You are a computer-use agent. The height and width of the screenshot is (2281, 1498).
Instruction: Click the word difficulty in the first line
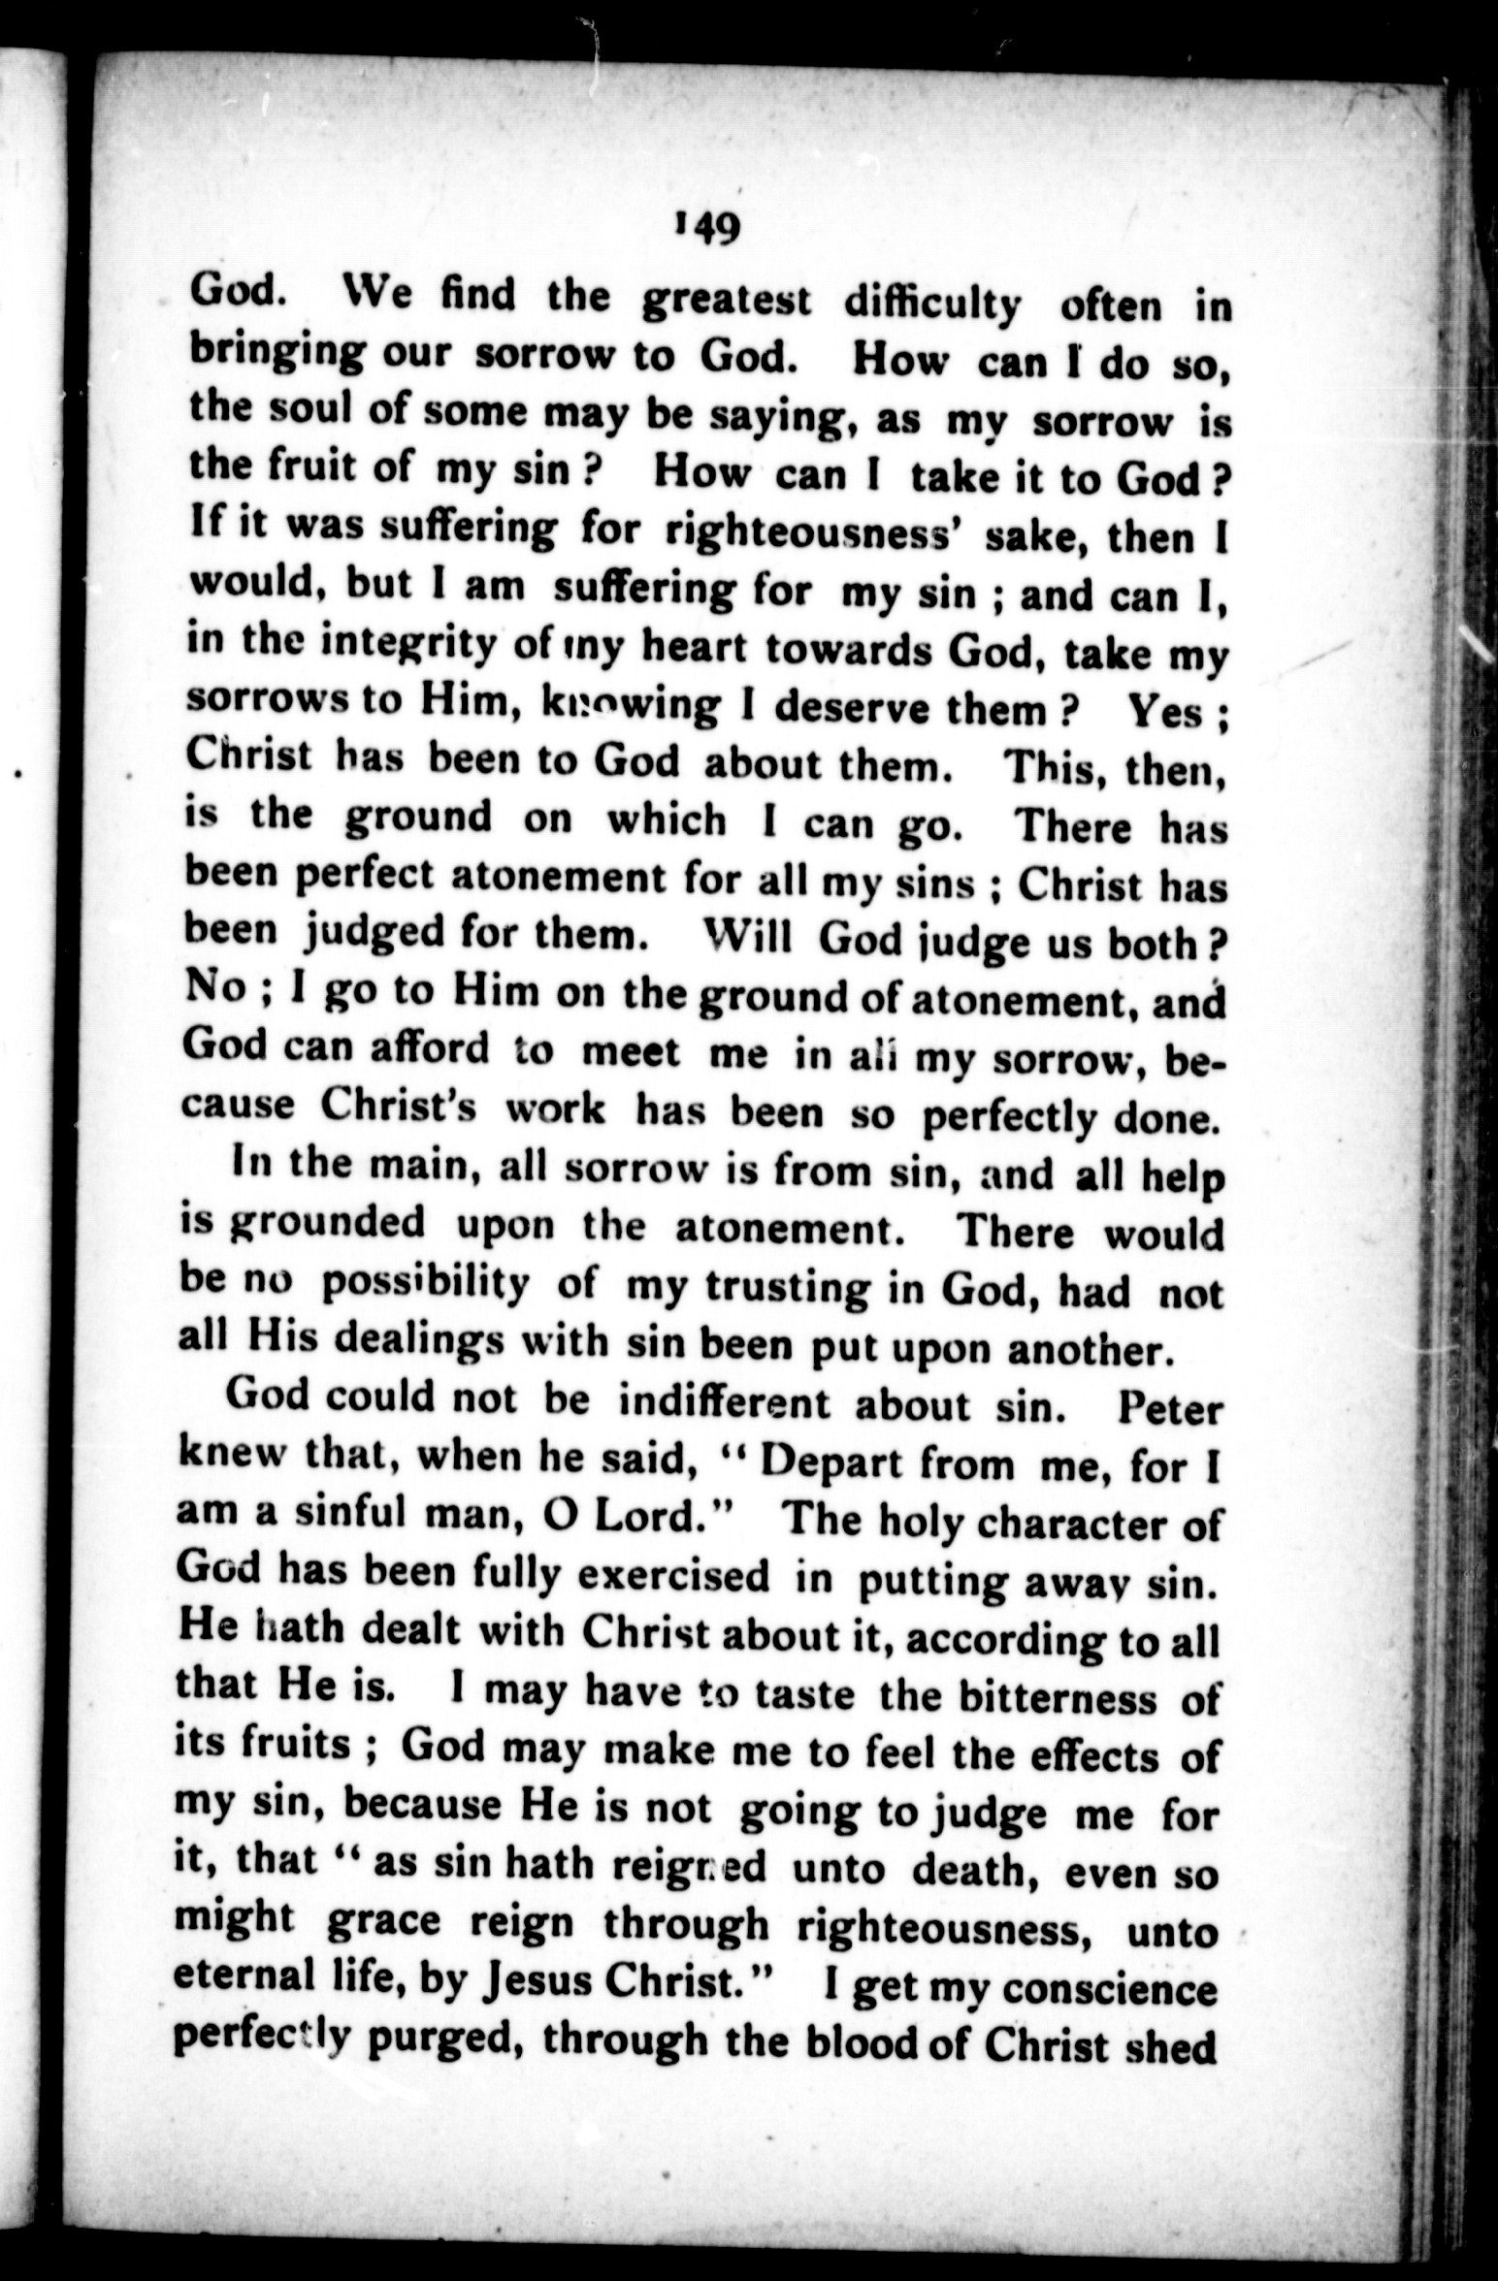[930, 307]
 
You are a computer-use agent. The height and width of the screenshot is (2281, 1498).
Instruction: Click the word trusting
[770, 1289]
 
